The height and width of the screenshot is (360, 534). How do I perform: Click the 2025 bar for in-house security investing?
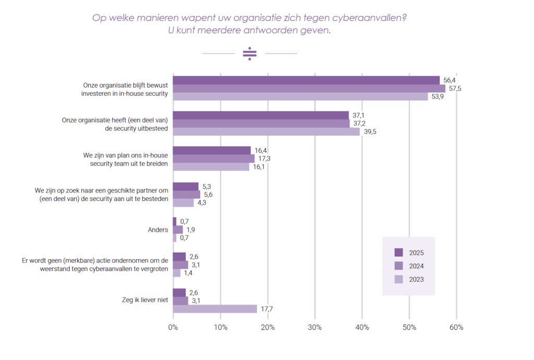[306, 80]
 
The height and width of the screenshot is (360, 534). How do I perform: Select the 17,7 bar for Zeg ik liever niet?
[215, 309]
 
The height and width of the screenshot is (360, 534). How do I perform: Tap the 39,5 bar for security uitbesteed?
[266, 131]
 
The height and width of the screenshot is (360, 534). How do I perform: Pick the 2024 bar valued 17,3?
[213, 159]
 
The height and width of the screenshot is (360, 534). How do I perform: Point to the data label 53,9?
[437, 97]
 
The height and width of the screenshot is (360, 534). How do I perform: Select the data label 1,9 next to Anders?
[191, 230]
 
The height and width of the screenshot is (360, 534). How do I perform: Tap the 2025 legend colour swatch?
[399, 253]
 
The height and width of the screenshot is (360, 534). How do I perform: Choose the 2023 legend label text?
[416, 279]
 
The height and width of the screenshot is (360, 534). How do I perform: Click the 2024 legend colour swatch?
[399, 266]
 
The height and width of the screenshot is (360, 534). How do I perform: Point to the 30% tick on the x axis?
[314, 328]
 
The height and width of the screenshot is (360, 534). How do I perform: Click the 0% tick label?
[173, 328]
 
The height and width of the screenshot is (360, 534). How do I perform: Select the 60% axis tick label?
[456, 328]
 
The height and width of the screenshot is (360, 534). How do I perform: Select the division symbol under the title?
[250, 54]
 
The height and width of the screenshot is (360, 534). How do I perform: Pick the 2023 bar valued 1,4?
[176, 273]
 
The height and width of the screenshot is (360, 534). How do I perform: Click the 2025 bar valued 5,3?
[185, 186]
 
